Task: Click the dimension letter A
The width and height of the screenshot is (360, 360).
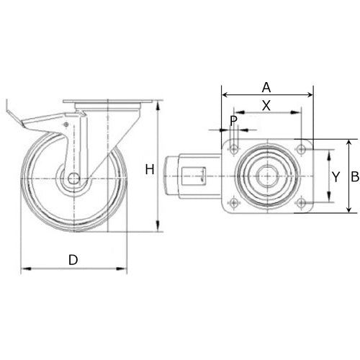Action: click(266, 87)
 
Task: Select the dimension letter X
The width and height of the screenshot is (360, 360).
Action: click(266, 105)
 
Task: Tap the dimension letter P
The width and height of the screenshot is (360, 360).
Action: click(233, 120)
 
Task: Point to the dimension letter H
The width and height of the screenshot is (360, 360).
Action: click(149, 170)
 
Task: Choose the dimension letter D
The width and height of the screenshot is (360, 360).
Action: click(73, 260)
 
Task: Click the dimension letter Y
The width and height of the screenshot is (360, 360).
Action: click(335, 176)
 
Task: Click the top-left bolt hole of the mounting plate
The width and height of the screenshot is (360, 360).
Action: click(234, 149)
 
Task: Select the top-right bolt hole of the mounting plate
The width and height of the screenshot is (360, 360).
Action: click(301, 149)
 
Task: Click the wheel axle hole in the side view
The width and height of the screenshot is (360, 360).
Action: click(73, 179)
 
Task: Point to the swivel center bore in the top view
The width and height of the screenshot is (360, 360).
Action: click(267, 176)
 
